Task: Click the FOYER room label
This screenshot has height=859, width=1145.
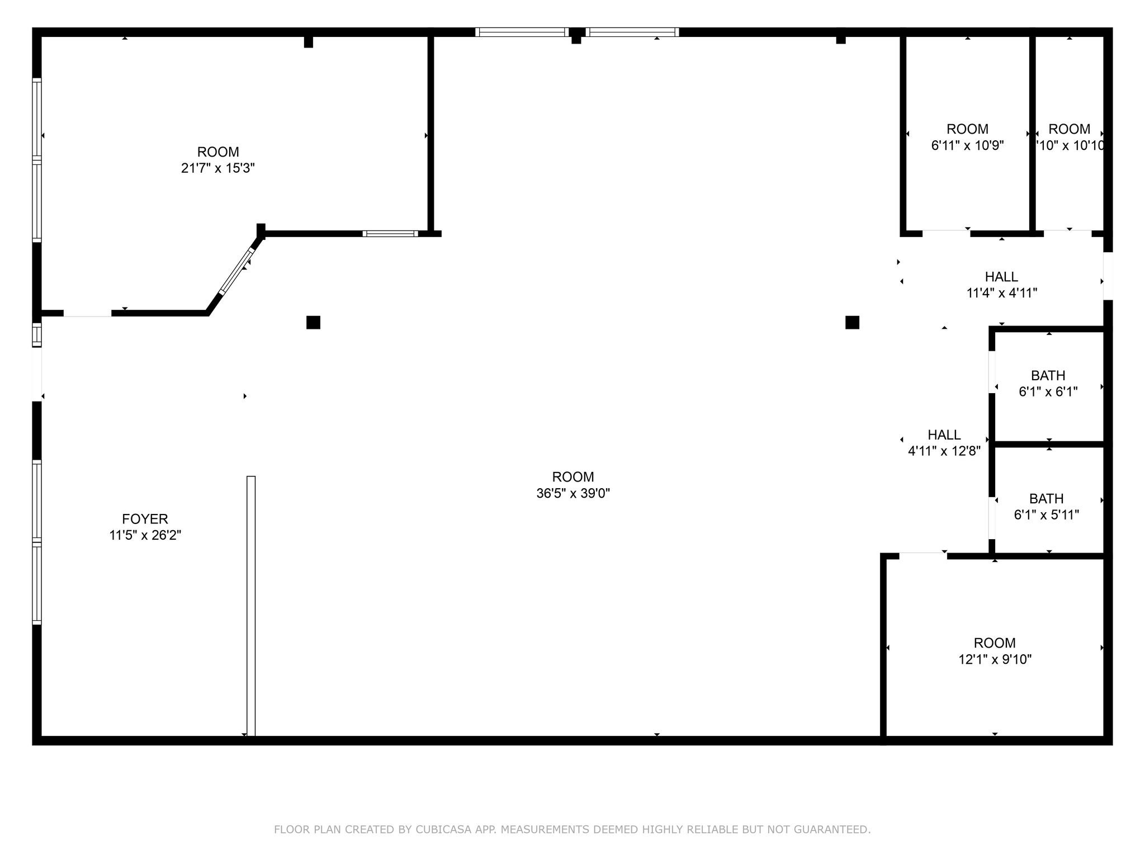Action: pos(145,519)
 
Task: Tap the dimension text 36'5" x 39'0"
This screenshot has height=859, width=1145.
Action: pos(573,493)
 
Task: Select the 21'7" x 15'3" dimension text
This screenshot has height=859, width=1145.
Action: pos(218,168)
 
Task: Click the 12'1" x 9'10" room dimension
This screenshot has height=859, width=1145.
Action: pos(995,659)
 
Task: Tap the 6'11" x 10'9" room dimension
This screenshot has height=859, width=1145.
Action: pos(967,145)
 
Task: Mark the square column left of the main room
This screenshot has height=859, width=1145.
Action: pos(313,323)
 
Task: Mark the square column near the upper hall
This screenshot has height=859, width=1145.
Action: pos(852,323)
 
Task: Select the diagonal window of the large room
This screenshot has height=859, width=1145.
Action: pos(236,271)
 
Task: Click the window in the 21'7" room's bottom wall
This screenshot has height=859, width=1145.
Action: pos(390,234)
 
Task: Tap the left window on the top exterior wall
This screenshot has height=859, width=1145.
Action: pos(522,32)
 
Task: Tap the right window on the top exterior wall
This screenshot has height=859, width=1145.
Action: pos(632,32)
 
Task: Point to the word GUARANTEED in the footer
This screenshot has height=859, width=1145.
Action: pos(836,829)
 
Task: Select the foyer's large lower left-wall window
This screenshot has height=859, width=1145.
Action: pos(37,541)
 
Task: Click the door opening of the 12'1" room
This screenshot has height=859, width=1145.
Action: pos(923,555)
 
